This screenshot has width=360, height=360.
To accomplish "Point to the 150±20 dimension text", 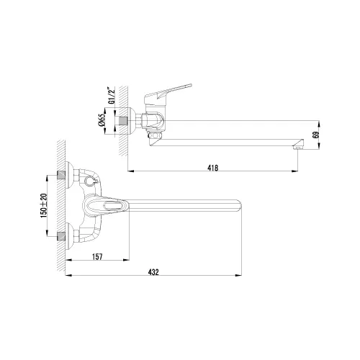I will tap(44, 205).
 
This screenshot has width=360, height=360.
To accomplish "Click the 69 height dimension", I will tap(315, 135).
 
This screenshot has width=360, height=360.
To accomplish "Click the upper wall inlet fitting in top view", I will tap(68, 175).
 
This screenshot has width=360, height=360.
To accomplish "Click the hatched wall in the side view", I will tap(122, 122).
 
